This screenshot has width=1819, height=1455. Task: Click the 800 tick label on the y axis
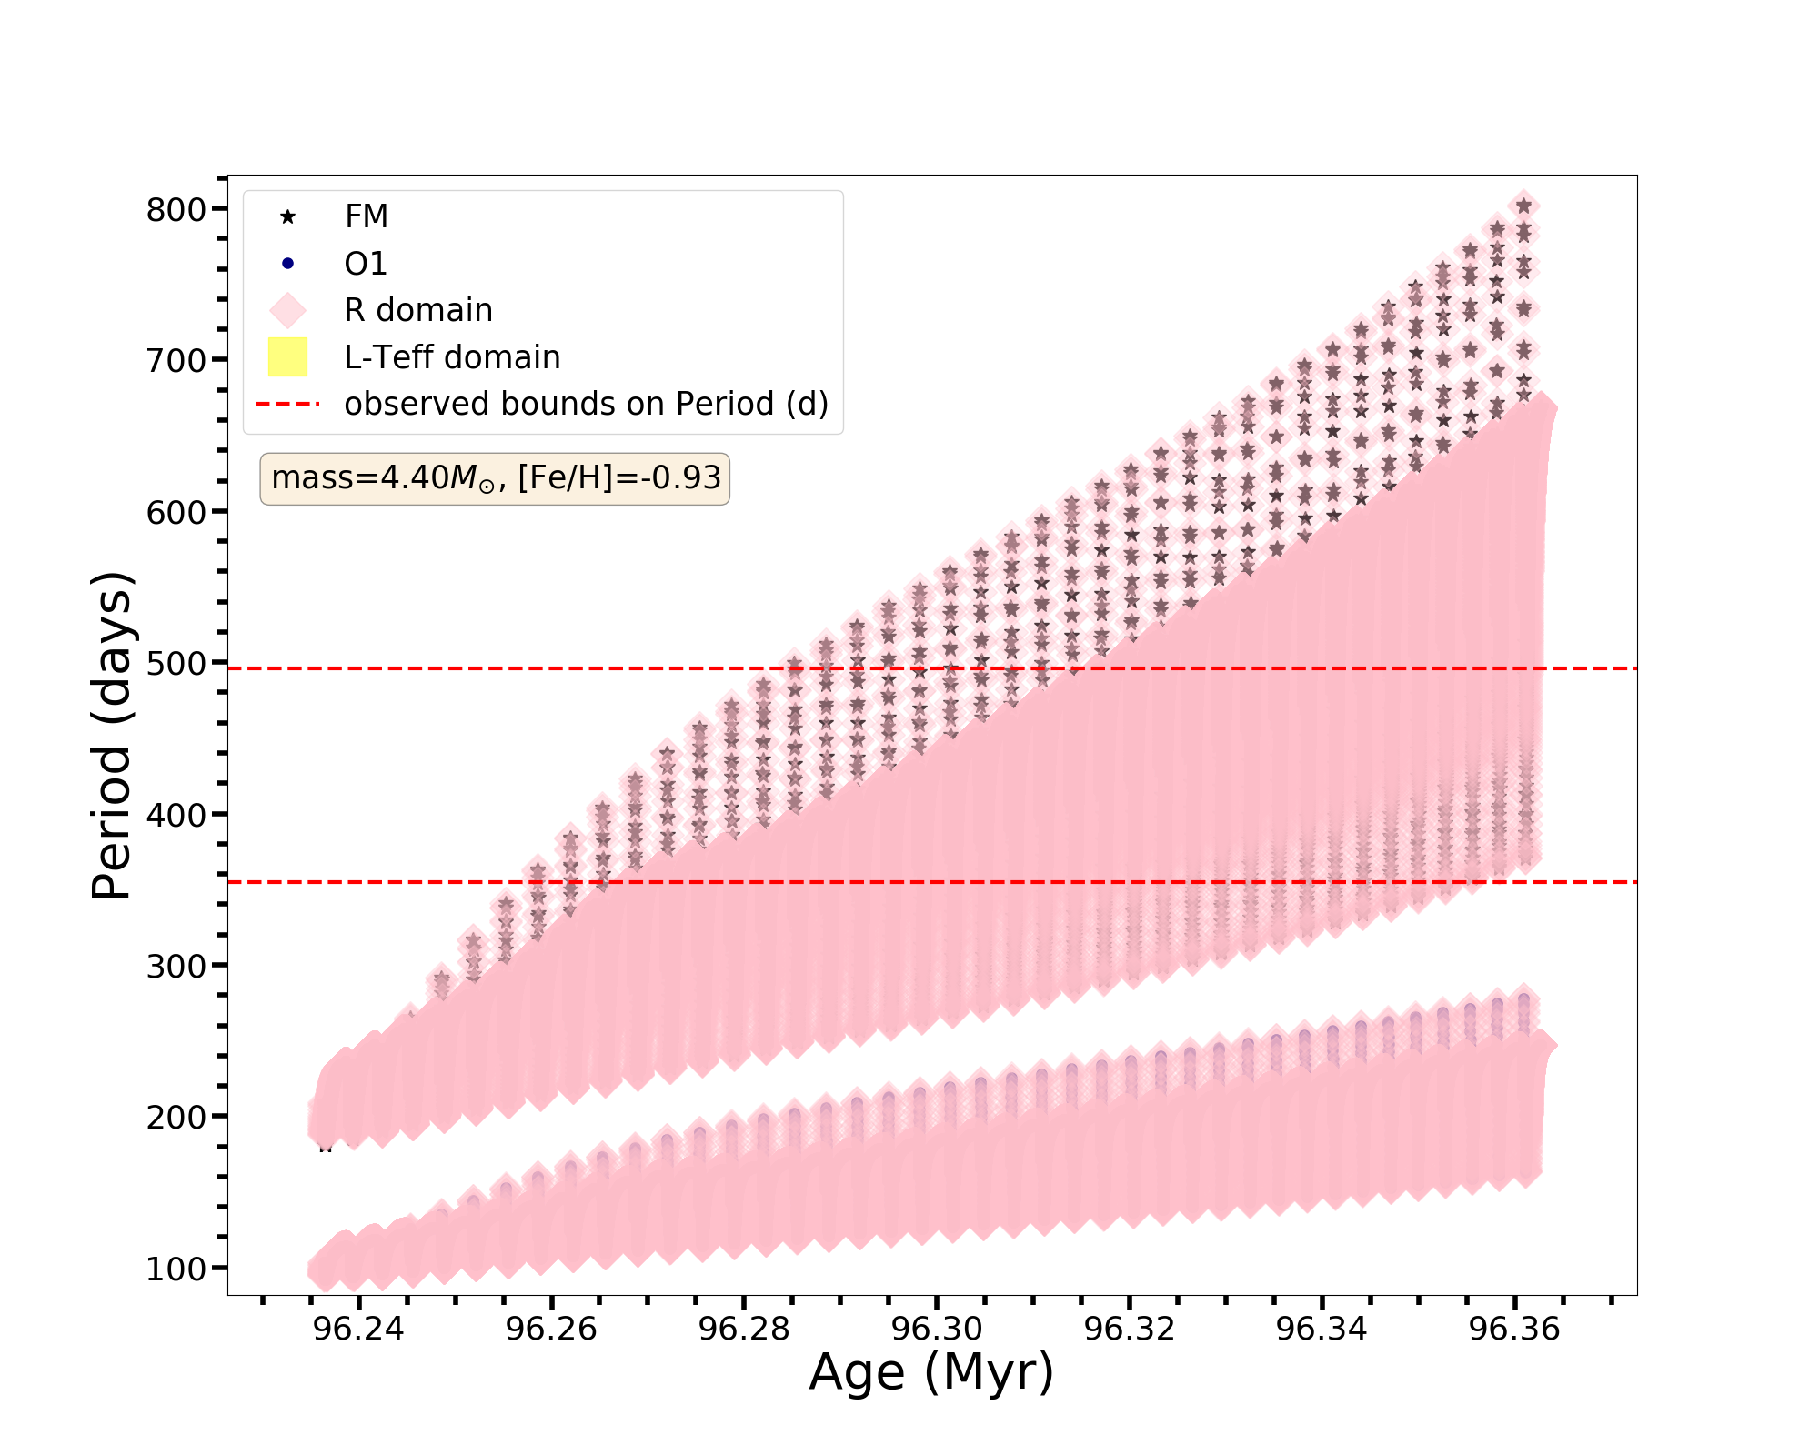tap(176, 210)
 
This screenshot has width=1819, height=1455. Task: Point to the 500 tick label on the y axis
tap(176, 664)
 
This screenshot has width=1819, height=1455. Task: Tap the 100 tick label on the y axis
tap(176, 1269)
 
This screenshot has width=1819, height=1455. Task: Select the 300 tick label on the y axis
tap(176, 967)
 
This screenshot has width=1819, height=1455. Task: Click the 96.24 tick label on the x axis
tap(358, 1330)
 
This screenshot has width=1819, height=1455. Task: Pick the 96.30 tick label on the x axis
tap(937, 1330)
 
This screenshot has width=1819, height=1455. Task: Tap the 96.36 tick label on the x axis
tap(1514, 1330)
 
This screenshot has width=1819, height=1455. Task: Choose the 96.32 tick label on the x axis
tap(1130, 1330)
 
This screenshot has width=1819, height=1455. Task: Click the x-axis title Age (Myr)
tap(931, 1373)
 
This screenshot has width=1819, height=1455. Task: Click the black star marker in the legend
tap(287, 216)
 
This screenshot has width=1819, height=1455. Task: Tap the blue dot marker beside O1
tap(287, 264)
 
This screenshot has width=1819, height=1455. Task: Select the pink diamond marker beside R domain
tap(287, 310)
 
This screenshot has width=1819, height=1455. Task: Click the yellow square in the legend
tap(287, 357)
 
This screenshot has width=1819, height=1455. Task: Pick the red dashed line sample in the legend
tap(287, 404)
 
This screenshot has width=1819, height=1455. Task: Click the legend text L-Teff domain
tap(452, 357)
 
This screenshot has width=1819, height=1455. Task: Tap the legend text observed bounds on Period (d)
tap(586, 404)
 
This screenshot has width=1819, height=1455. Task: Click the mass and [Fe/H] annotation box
tap(495, 478)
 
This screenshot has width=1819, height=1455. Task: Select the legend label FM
tap(367, 216)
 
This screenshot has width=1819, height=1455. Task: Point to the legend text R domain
tap(417, 310)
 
